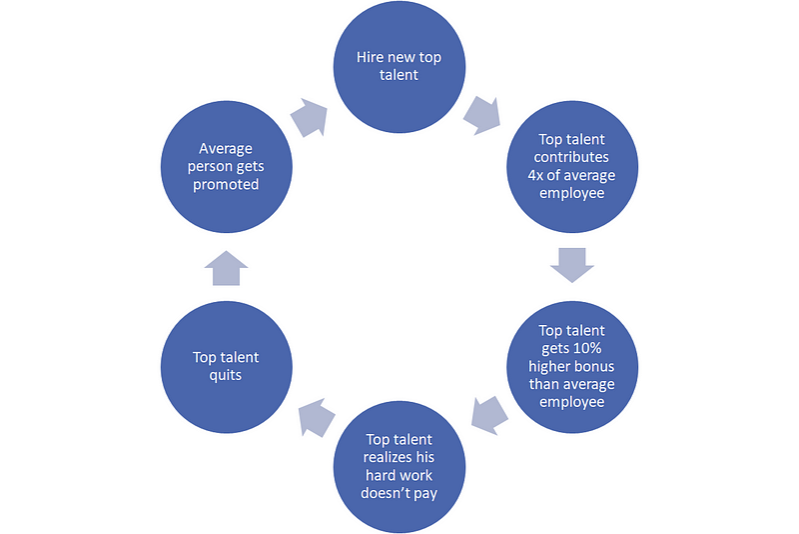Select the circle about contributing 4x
(571, 166)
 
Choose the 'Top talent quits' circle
(227, 366)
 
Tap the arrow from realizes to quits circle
(317, 417)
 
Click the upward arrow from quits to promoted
(229, 268)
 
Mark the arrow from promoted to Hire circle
(309, 117)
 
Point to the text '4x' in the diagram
(540, 175)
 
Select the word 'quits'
(227, 376)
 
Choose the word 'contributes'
(572, 157)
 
